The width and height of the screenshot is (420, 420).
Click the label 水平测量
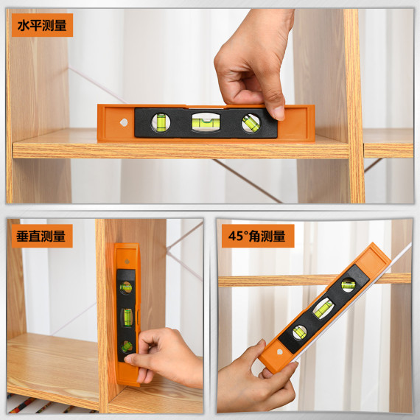(x=41, y=26)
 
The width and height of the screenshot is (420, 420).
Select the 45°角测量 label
(x=258, y=237)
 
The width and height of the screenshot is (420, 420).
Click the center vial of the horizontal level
(x=206, y=122)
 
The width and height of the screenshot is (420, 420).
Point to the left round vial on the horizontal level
(x=160, y=122)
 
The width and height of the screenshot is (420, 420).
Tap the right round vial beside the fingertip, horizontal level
(x=251, y=122)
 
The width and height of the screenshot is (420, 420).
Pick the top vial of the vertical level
(x=126, y=287)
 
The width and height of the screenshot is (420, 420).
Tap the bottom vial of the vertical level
(x=127, y=345)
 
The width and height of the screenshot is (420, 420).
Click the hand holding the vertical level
(x=169, y=357)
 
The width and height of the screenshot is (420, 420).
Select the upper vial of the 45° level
(x=347, y=284)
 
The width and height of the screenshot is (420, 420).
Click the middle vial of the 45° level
(x=323, y=308)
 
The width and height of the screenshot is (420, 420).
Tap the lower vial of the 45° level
(x=299, y=332)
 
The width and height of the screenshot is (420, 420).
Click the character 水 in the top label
(x=24, y=26)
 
